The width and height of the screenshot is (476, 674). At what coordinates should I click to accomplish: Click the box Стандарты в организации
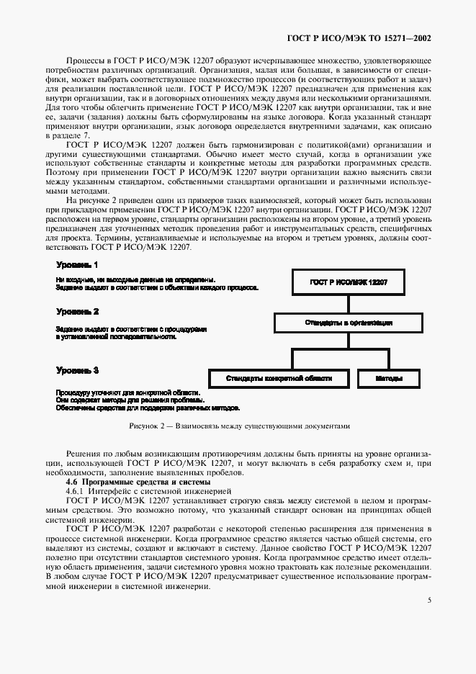[x=348, y=323]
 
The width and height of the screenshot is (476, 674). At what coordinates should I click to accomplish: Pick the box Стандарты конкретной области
[x=279, y=377]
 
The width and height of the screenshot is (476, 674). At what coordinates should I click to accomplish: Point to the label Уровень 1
[x=77, y=265]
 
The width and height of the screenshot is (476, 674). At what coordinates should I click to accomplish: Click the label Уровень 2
[x=77, y=312]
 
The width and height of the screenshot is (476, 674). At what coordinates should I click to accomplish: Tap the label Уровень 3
[x=77, y=369]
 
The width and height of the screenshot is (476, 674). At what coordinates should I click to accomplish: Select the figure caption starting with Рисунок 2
[x=238, y=426]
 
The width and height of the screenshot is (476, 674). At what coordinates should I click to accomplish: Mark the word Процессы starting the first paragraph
[x=84, y=63]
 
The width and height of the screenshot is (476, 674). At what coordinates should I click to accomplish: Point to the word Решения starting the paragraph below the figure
[x=84, y=454]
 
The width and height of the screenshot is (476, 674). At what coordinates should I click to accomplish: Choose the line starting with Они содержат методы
[x=129, y=400]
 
